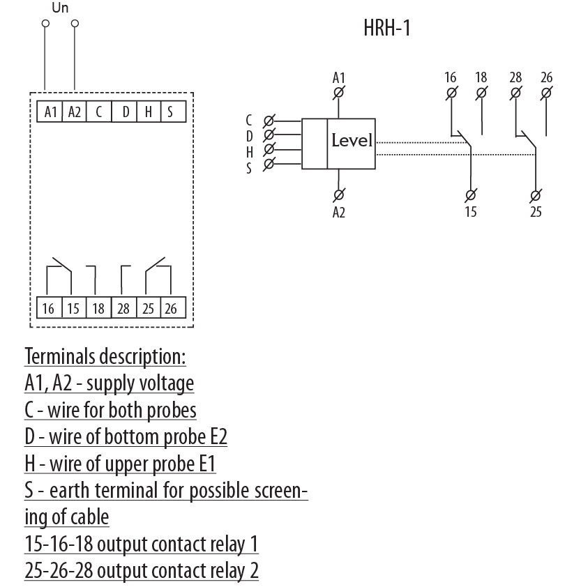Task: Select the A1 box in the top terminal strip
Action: coord(50,112)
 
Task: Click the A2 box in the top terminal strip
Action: coord(74,112)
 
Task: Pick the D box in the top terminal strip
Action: coord(125,112)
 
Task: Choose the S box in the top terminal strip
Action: coord(170,112)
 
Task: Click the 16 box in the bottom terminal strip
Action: coord(48,308)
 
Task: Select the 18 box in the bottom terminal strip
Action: coord(98,308)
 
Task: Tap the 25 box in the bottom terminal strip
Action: coord(148,308)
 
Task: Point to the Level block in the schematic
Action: coord(352,142)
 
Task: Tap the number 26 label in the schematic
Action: coord(546,77)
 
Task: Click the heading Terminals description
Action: coord(105,357)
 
